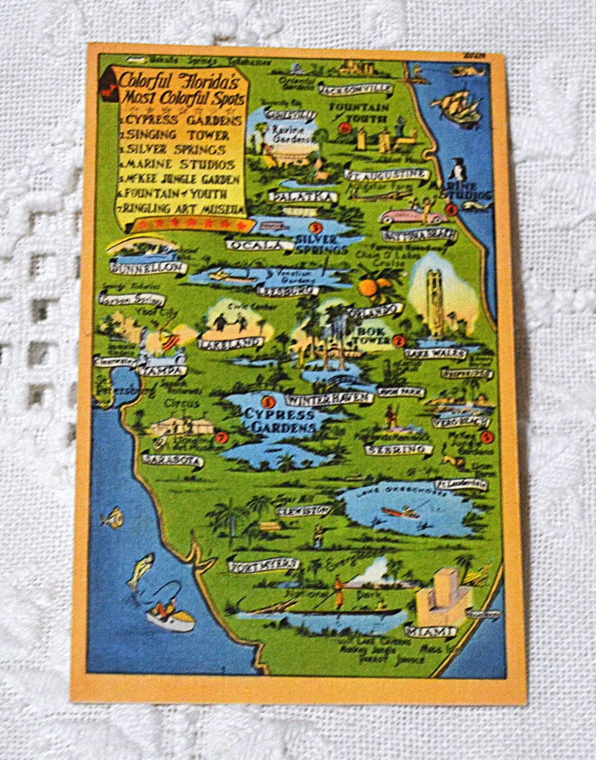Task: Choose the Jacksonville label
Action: (356, 89)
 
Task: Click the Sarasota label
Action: (171, 460)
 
